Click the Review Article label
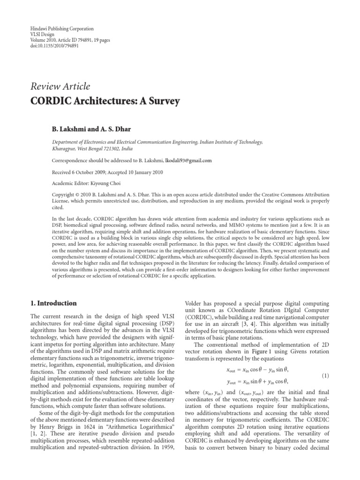click(60, 86)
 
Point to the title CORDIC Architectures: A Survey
click(105, 101)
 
